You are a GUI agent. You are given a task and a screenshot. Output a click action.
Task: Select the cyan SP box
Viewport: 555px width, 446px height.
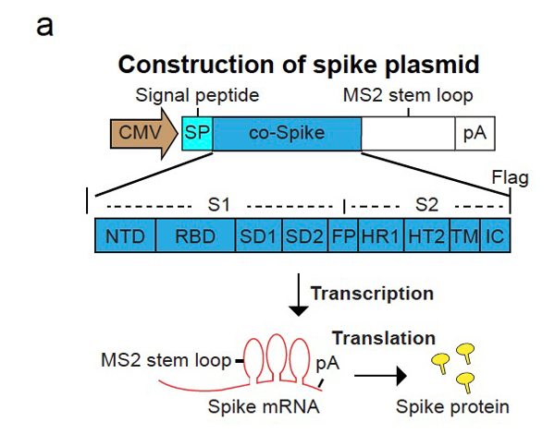point(197,134)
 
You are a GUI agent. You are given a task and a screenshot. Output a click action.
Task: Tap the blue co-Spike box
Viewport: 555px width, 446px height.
point(287,134)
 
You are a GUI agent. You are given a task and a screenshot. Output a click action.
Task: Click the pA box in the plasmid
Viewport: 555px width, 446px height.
point(474,134)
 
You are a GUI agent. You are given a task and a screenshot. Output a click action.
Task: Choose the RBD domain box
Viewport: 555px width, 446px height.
point(196,236)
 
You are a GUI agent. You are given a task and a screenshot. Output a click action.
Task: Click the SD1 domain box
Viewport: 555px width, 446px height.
point(259,236)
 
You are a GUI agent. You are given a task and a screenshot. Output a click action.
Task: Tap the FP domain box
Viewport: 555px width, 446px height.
point(343,236)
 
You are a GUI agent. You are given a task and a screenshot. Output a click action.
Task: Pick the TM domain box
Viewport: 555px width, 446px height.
point(462,236)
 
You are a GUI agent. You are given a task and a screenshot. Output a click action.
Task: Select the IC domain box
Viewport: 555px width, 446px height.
point(495,236)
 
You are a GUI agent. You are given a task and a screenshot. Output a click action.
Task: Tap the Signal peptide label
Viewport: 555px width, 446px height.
point(197,94)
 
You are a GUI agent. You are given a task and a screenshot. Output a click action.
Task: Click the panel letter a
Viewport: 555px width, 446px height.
point(44,25)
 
